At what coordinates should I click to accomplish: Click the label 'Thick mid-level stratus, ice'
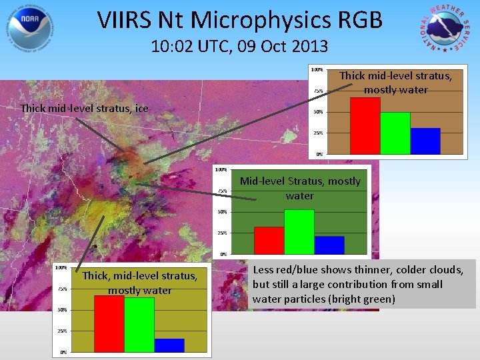tap(85, 108)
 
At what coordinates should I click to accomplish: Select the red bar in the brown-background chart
tap(365, 126)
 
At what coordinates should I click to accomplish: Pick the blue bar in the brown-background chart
tap(425, 141)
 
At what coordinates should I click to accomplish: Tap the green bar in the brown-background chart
tap(395, 133)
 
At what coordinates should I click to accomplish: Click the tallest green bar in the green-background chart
tap(299, 231)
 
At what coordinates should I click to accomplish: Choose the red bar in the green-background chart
tap(269, 240)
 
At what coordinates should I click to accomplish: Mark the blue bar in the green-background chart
tap(329, 245)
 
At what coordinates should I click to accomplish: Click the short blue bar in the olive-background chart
tap(169, 345)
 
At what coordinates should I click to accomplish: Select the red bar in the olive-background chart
tap(109, 323)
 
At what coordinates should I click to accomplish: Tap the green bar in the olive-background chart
tap(139, 324)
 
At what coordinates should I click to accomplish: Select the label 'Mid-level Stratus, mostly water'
tap(299, 188)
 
